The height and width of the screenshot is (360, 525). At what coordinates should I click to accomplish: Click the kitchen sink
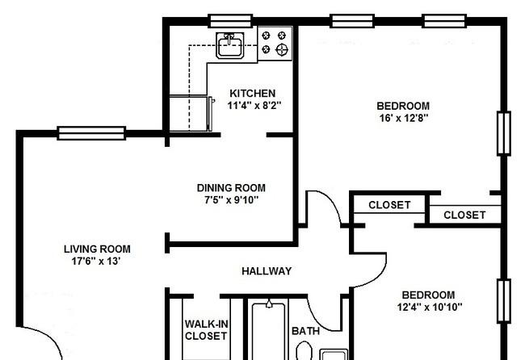[229, 45]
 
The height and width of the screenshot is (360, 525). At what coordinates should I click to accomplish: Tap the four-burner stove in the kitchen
[275, 44]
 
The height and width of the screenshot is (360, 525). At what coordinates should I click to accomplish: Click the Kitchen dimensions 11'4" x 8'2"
[254, 106]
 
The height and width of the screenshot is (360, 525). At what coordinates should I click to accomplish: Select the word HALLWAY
[267, 270]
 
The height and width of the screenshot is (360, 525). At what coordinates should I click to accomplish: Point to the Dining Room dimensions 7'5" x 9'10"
[231, 200]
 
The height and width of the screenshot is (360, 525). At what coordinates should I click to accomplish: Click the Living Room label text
[97, 249]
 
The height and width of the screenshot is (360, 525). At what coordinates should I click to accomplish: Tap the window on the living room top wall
[91, 133]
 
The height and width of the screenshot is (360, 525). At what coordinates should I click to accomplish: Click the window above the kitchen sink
[230, 21]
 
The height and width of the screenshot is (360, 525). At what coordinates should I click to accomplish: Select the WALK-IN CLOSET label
[206, 330]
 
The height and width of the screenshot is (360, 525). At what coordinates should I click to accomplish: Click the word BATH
[305, 331]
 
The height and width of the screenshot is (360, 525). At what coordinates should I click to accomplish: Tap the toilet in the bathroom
[304, 350]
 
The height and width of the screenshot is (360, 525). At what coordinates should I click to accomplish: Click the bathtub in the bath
[269, 331]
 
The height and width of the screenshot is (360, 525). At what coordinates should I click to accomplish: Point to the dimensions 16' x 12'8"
[404, 118]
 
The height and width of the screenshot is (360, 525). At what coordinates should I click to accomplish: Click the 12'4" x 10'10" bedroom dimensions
[430, 307]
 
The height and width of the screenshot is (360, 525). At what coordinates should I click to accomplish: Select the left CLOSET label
[389, 205]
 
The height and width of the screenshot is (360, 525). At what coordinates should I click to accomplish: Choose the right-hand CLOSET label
[464, 215]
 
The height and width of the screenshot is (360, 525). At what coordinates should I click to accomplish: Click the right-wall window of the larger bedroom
[504, 133]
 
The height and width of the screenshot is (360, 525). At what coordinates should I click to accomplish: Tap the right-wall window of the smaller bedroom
[504, 301]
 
